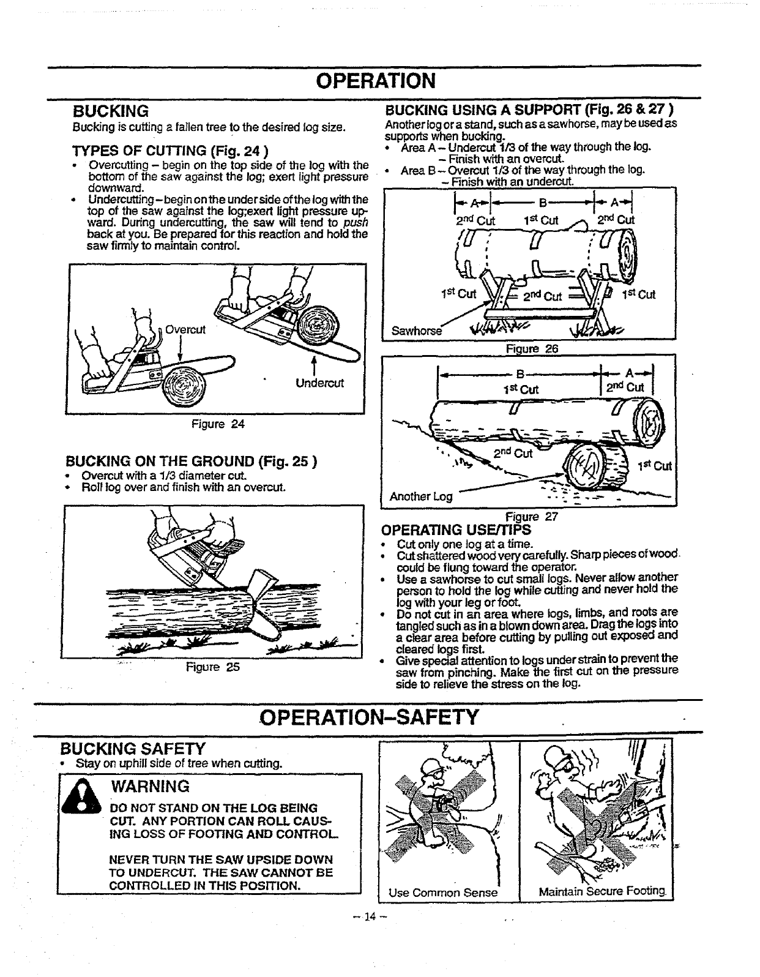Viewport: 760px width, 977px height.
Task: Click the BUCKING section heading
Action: [x=111, y=111]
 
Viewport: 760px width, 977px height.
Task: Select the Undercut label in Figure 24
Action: [x=319, y=383]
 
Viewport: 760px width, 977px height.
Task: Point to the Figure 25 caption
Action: [x=212, y=667]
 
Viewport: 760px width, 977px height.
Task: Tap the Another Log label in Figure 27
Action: [x=421, y=496]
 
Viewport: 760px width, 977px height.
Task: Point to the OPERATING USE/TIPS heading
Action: [x=456, y=529]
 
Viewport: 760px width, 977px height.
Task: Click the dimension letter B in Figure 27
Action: [x=521, y=375]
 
